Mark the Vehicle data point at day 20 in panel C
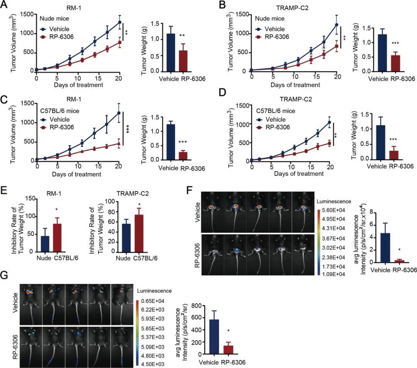point(119,113)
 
